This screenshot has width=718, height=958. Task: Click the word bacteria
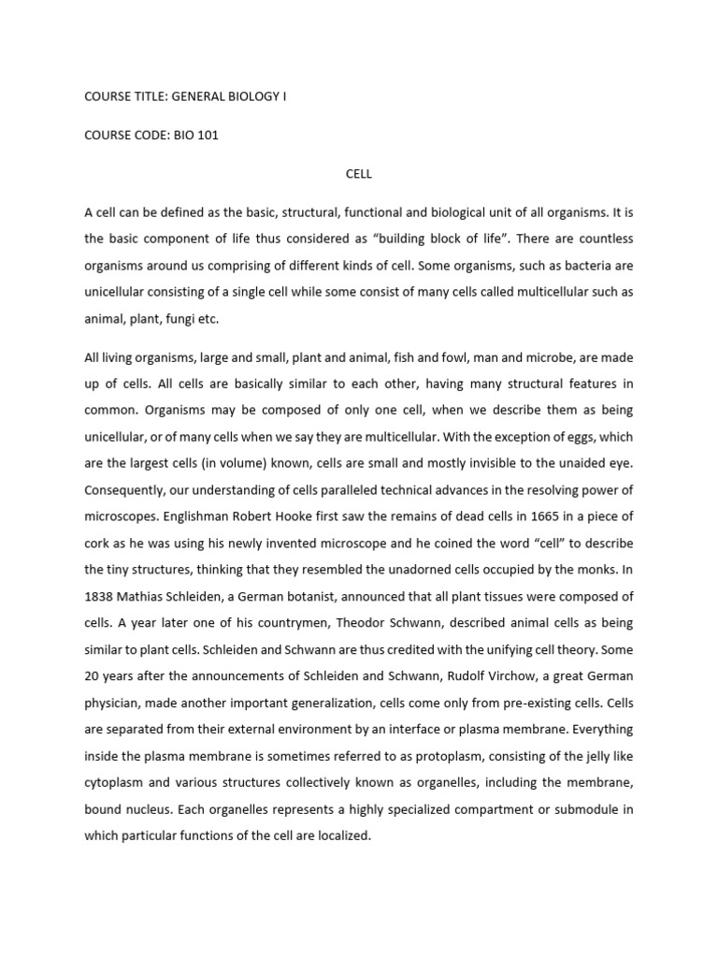pyautogui.click(x=537, y=265)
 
